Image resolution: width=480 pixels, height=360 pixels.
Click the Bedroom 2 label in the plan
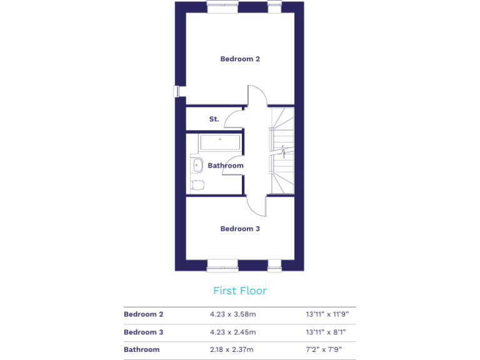(240, 59)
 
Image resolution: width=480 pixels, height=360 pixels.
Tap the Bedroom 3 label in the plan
(240, 229)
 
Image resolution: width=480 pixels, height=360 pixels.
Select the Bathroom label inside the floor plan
(226, 166)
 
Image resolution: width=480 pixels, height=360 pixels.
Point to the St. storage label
(214, 119)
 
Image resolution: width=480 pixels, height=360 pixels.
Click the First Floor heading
(240, 291)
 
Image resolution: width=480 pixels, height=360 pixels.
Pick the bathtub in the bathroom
(220, 142)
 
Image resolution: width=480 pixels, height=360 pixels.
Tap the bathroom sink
(197, 165)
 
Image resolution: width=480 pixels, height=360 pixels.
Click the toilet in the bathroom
(197, 184)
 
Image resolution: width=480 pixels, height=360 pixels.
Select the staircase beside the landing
(282, 150)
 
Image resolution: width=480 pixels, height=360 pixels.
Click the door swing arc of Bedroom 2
(257, 95)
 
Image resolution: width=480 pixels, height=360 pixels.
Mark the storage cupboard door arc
(232, 118)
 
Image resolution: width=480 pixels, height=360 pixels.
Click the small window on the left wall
(177, 91)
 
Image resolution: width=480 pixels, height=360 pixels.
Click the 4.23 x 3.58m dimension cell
(232, 314)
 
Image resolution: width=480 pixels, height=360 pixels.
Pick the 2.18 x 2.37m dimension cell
(232, 349)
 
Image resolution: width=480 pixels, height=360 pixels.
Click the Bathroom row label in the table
(142, 349)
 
